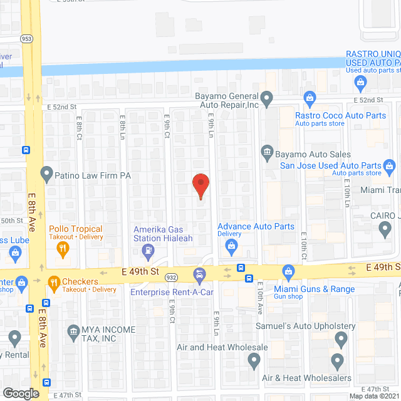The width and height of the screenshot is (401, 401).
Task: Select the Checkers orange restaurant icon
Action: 53,283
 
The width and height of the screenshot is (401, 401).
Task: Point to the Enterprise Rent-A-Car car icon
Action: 199,274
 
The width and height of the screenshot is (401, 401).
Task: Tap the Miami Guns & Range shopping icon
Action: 288,271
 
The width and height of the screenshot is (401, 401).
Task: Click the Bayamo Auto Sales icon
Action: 266,151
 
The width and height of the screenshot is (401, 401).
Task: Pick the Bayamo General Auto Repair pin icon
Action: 266,98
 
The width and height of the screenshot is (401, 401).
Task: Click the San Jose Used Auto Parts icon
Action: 389,166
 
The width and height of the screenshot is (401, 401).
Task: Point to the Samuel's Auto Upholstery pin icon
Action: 341,340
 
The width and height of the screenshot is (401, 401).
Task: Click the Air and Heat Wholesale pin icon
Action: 254,360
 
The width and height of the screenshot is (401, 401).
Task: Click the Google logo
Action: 21,393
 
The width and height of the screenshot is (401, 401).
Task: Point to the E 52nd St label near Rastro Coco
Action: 368,100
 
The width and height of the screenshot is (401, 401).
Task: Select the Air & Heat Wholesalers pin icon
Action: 337,361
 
